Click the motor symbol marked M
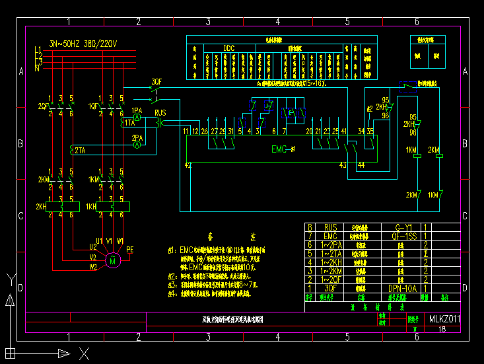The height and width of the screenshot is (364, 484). click(112, 261)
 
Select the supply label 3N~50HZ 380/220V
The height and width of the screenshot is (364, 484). click(83, 44)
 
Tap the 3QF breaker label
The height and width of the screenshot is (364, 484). click(156, 82)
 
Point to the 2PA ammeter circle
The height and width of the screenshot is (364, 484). click(137, 144)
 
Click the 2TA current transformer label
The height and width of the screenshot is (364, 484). click(80, 150)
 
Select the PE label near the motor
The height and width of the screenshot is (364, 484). click(129, 250)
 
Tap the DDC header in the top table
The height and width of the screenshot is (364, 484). click(228, 48)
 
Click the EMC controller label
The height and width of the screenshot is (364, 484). click(279, 150)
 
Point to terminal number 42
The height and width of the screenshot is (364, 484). click(188, 164)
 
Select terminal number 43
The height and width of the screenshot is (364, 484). click(343, 164)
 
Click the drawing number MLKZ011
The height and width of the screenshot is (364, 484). click(444, 319)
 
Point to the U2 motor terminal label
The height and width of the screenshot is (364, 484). click(93, 246)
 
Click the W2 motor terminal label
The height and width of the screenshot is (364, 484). click(93, 268)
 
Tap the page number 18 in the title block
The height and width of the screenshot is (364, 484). click(442, 328)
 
